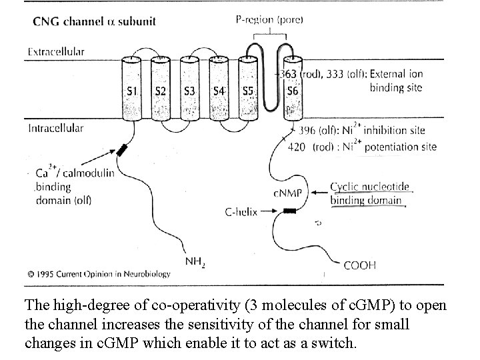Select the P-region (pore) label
pos(270,20)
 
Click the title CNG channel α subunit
pos(94,21)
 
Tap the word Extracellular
pos(56,51)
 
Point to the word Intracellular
pos(56,128)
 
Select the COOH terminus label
pos(359,265)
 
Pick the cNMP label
pos(287,193)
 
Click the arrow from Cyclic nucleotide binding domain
pos(313,193)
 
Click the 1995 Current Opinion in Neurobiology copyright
pos(99,273)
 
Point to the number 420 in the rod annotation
pos(297,147)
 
